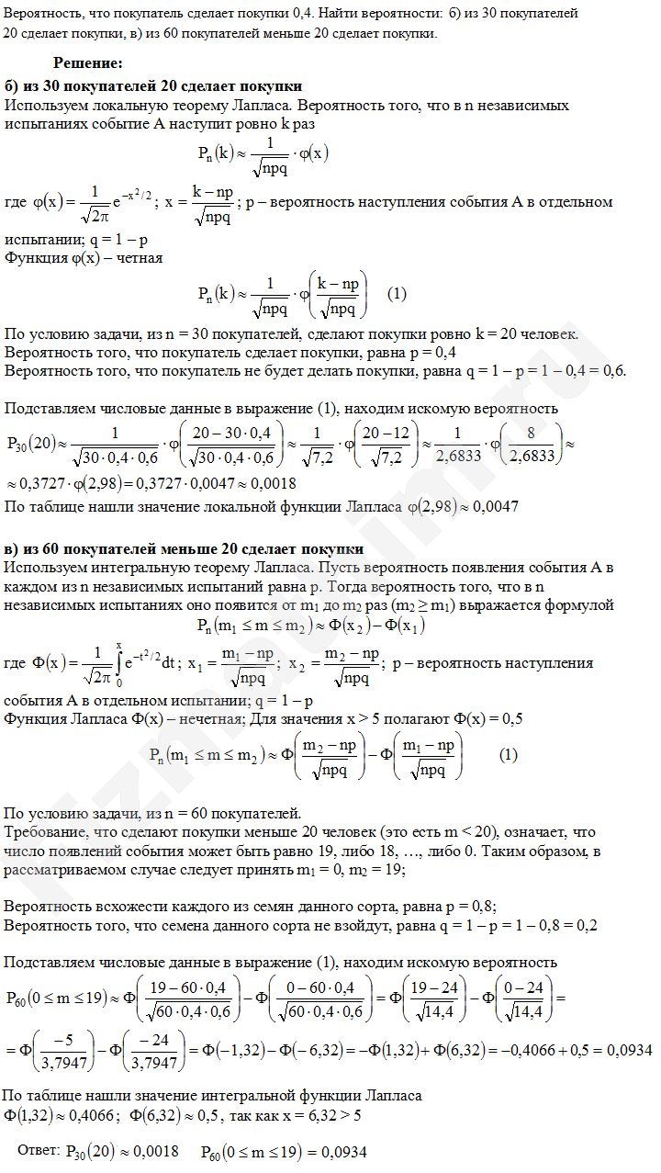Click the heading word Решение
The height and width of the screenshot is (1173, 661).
pyautogui.click(x=87, y=63)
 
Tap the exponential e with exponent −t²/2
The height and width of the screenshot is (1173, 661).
pyautogui.click(x=141, y=659)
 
